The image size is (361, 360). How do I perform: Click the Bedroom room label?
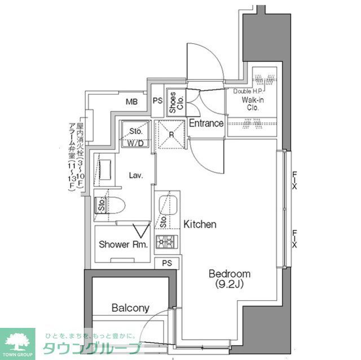pyautogui.click(x=230, y=274)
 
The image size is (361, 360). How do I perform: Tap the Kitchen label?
pyautogui.click(x=200, y=224)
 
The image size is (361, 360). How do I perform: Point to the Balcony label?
pyautogui.click(x=130, y=308)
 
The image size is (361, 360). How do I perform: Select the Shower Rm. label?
pyautogui.click(x=123, y=245)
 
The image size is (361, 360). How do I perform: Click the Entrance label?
pyautogui.click(x=206, y=123)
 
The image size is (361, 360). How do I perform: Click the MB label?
pyautogui.click(x=131, y=102)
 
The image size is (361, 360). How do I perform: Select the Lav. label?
pyautogui.click(x=135, y=175)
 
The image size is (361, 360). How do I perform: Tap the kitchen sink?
pyautogui.click(x=167, y=204)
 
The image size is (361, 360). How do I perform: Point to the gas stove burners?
pyautogui.click(x=167, y=243)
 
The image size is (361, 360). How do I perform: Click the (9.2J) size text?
pyautogui.click(x=229, y=284)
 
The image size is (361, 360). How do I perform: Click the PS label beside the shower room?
pyautogui.click(x=167, y=263)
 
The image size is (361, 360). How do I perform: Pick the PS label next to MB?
pyautogui.click(x=157, y=102)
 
